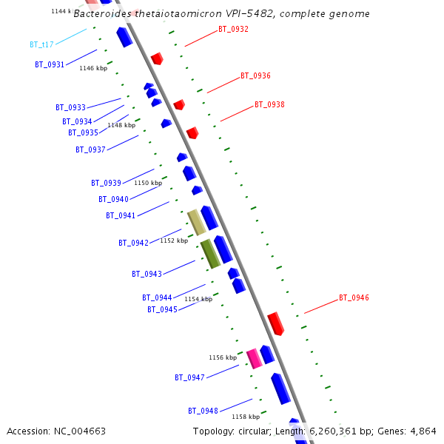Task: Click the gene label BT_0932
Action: coord(233,30)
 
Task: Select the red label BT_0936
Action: coord(255,76)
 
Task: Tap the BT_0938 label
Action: coord(269,105)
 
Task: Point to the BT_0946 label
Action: coord(354,298)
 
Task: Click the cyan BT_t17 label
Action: coord(41,45)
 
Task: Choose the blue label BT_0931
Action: coord(50,65)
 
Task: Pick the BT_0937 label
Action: coord(90,150)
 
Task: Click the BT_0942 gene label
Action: coord(133,243)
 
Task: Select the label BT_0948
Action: coord(203,411)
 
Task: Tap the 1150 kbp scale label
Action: coord(147,183)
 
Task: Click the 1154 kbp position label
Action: coord(198,299)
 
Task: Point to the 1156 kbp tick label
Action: coord(222,357)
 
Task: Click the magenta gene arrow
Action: coord(255,358)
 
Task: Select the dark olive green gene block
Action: coord(210,254)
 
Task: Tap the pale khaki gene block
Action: coord(196,222)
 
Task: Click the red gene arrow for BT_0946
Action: coord(275,323)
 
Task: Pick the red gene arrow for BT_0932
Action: coord(157,58)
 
